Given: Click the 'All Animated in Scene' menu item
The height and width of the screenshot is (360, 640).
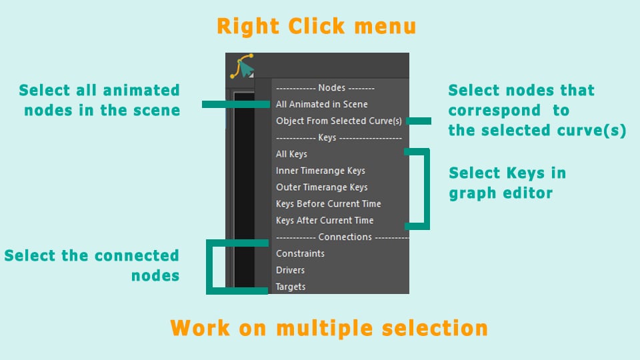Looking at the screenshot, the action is coord(321,105).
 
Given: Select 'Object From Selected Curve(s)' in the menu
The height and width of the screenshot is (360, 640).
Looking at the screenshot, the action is coord(339,121).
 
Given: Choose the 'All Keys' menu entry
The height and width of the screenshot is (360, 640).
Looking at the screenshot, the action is coord(291,154).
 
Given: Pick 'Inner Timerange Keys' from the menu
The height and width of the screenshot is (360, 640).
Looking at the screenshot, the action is coord(321,171).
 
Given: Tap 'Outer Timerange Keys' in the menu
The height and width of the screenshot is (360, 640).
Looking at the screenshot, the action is coord(321,187).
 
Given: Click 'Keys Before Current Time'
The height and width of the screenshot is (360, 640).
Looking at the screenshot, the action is coord(328,204).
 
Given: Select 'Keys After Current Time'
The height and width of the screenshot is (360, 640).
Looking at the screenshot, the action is coord(325,221).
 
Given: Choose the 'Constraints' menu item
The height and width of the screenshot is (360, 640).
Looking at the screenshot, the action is coord(300,253).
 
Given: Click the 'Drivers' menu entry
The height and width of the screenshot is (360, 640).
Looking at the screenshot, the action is coord(290,270).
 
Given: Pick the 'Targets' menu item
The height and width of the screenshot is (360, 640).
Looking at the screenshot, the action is coord(290,287).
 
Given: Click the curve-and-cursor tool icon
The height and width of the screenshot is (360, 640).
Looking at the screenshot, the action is coord(243,66).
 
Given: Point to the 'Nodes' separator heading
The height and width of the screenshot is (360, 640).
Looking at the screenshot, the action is coord(332,88).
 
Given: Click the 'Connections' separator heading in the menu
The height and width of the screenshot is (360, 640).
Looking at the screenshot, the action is coord(345,237).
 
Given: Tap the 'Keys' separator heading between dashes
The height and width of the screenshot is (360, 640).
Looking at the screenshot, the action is coord(327,137).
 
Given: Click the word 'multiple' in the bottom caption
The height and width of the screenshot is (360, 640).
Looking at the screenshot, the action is coord(325,328).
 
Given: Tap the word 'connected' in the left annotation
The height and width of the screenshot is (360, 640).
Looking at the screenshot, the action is coord(139,255).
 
